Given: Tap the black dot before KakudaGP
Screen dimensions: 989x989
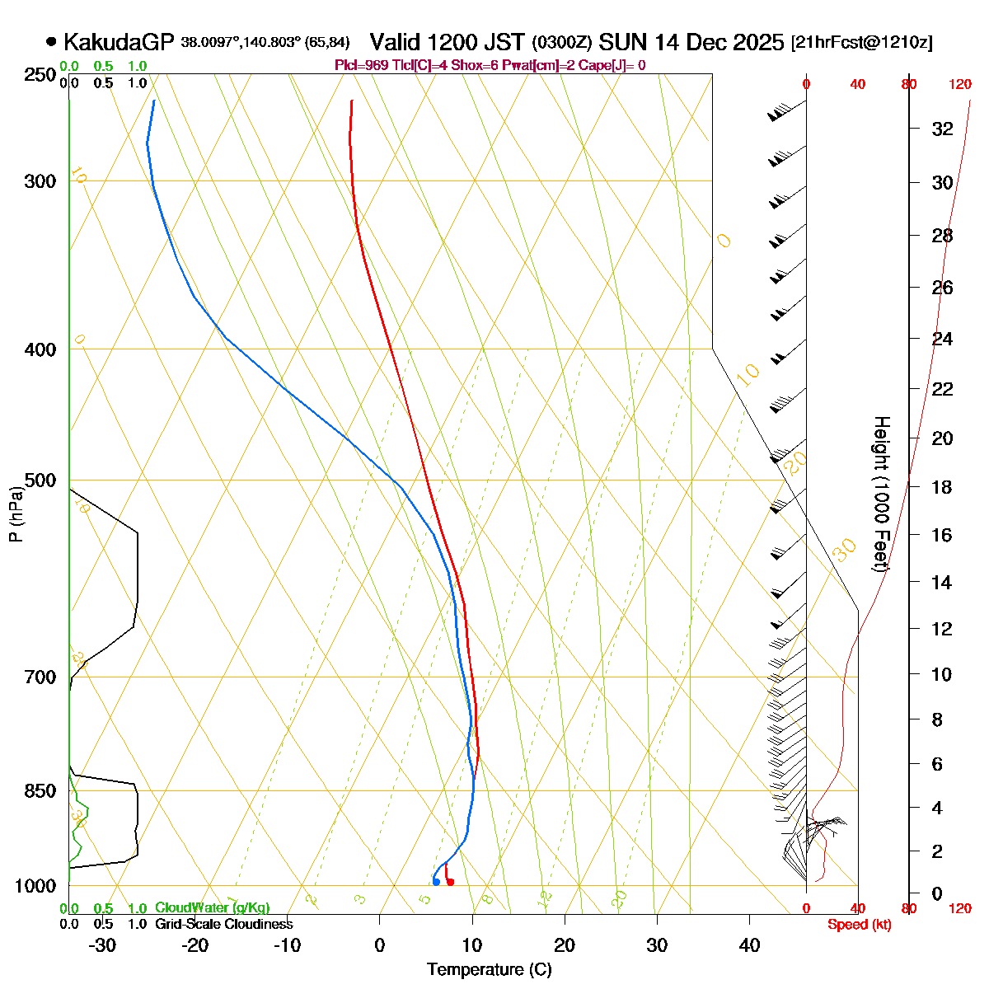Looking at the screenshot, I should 51,41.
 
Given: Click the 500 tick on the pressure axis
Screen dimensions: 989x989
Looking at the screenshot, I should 42,480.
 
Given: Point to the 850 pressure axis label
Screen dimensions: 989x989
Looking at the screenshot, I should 42,791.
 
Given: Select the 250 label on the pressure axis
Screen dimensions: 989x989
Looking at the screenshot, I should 42,75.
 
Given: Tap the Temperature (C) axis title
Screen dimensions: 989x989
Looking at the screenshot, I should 490,969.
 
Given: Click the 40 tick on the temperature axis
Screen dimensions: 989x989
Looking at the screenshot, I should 749,945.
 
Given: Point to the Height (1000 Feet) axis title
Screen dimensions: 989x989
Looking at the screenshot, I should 881,494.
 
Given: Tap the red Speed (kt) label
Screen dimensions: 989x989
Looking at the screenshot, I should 859,925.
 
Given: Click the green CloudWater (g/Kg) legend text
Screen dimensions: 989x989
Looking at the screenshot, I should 213,908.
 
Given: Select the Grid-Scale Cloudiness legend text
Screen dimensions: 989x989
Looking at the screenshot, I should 223,925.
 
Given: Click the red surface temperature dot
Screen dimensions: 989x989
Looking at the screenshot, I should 450,883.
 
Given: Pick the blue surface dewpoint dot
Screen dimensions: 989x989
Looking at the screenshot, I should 436,883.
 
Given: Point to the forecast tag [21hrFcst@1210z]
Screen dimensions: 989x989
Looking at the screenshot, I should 861,43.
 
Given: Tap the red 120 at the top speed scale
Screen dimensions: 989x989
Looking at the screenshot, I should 960,84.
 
